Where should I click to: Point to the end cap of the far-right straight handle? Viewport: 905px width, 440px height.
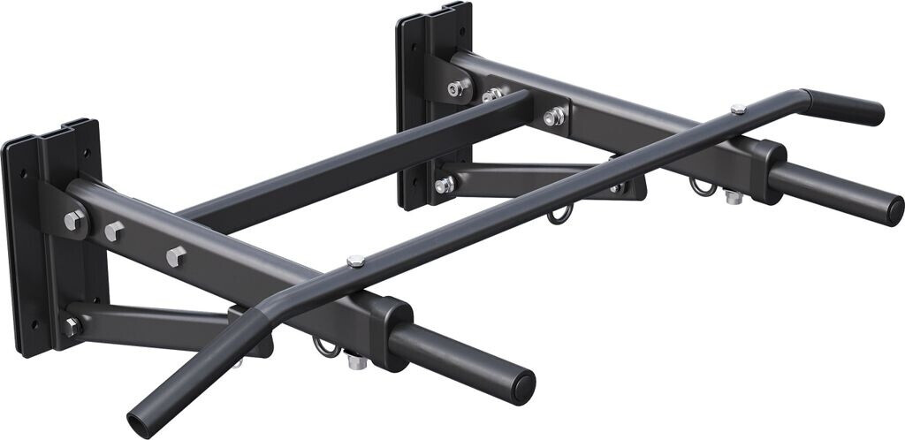point(894,210)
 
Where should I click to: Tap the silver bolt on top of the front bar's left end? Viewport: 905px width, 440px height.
point(355,261)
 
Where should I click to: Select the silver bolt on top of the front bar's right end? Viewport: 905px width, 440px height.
point(738,109)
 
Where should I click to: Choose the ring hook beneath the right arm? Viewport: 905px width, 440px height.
point(702,187)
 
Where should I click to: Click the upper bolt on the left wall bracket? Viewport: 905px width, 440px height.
point(74,220)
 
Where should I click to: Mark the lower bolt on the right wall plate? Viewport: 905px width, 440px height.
point(444,186)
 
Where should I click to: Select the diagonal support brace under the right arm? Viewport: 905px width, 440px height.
point(530,177)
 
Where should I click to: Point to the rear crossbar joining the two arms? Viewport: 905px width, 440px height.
point(354,159)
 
